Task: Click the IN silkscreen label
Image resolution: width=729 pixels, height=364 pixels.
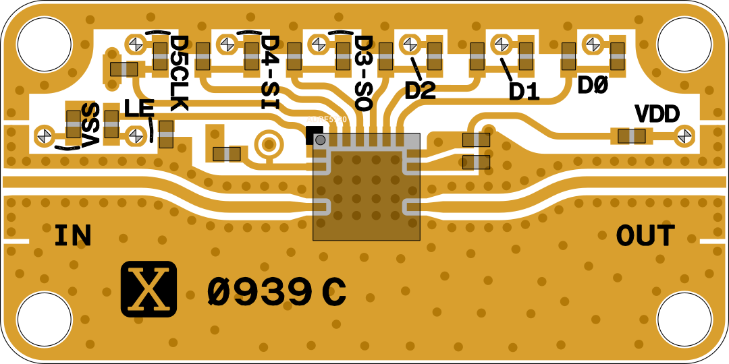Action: [73, 236]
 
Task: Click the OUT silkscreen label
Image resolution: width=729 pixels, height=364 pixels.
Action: [645, 236]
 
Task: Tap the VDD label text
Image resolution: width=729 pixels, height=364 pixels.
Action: [657, 115]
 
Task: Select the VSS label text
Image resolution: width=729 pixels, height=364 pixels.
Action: [90, 125]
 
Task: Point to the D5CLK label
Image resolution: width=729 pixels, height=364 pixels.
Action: [179, 73]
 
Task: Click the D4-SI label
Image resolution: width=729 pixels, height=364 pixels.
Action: [269, 71]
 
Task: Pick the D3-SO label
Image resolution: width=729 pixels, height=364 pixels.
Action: [363, 73]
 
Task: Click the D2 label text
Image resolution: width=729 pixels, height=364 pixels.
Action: [420, 90]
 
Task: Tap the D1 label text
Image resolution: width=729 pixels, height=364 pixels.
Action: [524, 92]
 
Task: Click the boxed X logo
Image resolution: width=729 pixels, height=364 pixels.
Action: [148, 289]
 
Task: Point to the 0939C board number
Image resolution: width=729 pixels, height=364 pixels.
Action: [277, 293]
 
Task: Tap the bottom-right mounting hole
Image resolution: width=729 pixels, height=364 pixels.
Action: [684, 319]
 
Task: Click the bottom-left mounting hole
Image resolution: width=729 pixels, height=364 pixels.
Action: [45, 319]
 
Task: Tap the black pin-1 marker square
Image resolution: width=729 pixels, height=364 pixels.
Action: [314, 135]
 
